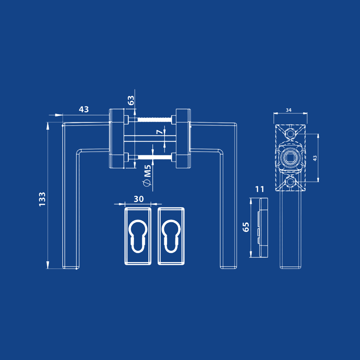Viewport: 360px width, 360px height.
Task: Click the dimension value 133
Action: pos(42,199)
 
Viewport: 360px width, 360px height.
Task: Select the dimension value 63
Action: pos(131,100)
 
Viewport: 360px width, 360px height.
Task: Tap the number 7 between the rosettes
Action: pos(159,132)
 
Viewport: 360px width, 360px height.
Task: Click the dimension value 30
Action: pos(139,199)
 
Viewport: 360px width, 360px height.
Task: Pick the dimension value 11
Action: pos(260,189)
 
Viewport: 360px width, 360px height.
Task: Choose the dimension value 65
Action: pos(246,227)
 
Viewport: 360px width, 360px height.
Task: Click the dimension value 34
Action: pos(289,110)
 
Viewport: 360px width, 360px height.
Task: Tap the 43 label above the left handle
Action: pos(84,109)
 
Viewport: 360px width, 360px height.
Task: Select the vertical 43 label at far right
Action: pos(315,158)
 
